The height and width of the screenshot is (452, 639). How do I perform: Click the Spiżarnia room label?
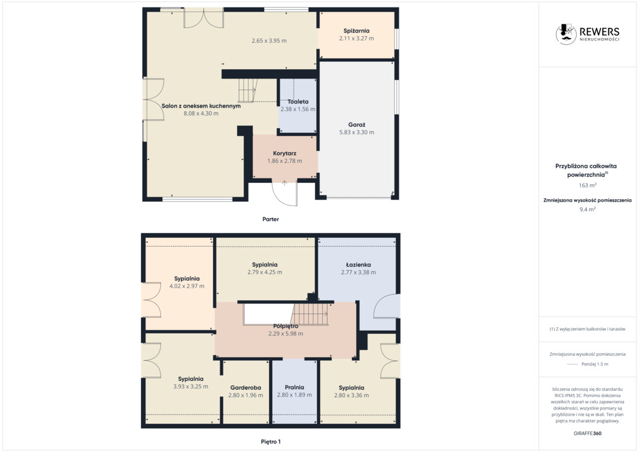point(356,31)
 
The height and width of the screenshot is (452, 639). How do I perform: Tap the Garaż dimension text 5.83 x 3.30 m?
point(356,132)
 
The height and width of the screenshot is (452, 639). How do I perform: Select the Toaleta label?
point(298,102)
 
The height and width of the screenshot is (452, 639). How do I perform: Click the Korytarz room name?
point(285,153)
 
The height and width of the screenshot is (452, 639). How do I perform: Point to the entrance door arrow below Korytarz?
point(285,183)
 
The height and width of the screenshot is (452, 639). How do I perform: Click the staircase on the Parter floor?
point(248,90)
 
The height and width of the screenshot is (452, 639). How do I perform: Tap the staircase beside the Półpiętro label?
point(310,314)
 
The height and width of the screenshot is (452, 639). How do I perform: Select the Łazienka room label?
point(358,265)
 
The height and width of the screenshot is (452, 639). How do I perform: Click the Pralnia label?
point(295,387)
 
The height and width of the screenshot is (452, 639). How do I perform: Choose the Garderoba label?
point(245,388)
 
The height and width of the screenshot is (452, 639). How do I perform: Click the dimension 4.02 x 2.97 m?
point(187,286)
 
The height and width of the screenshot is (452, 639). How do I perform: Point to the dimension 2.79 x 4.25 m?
point(265,272)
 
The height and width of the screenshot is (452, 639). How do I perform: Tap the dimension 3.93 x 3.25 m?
point(190,386)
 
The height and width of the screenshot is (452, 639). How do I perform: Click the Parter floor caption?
point(271,219)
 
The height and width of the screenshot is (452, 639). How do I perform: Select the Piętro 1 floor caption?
point(271,441)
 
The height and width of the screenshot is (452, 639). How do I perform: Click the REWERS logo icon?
point(565,34)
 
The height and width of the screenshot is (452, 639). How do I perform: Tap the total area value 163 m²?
point(587,185)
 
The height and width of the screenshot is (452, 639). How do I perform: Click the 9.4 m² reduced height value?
point(587,210)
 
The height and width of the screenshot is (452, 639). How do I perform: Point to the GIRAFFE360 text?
point(587,433)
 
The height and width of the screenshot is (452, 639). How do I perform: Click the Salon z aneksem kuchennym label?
point(201,106)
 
